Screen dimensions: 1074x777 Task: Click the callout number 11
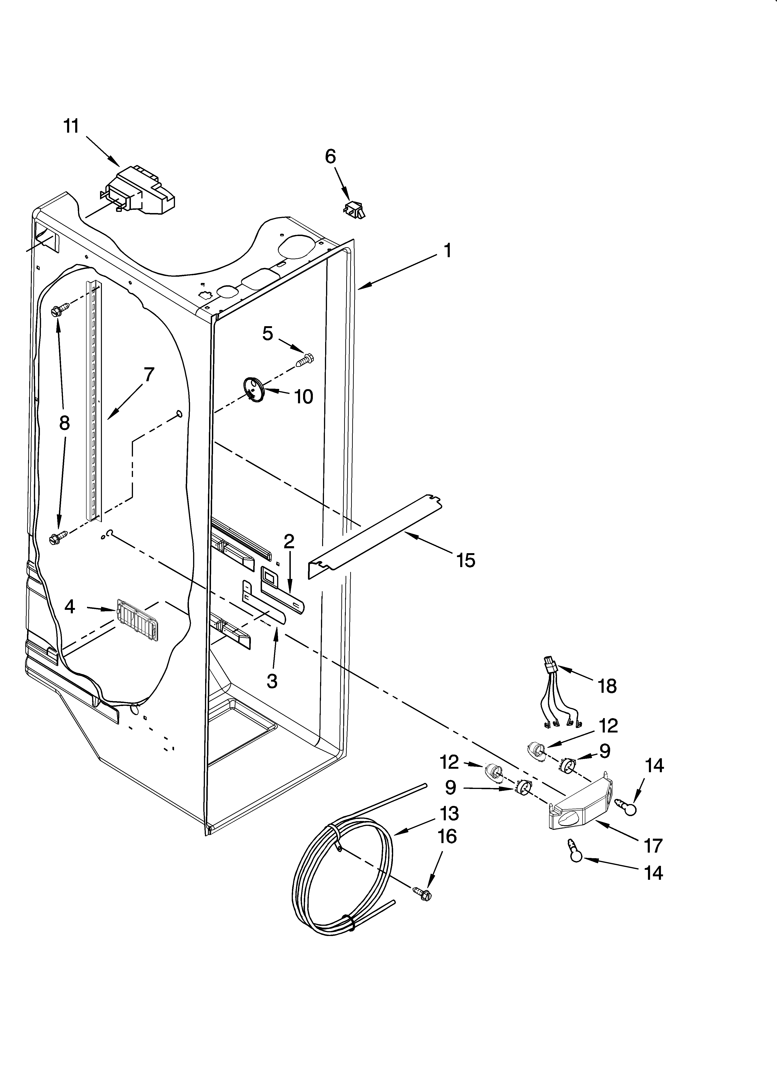point(71,127)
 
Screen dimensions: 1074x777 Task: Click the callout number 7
point(149,374)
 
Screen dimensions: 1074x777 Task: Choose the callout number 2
point(289,541)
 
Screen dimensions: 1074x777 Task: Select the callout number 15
point(466,560)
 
